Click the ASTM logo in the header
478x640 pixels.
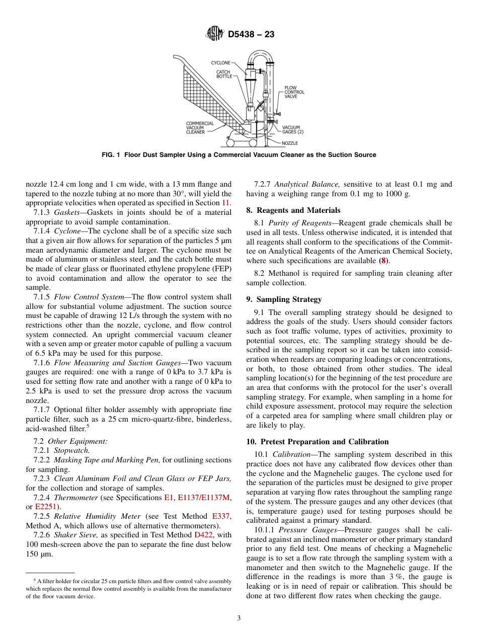pos(215,34)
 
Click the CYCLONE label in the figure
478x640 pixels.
pos(220,63)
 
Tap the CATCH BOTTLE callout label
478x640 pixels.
pos(224,74)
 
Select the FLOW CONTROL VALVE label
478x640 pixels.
pos(294,92)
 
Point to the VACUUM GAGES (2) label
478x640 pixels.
pos(293,130)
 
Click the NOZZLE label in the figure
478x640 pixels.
pos(290,143)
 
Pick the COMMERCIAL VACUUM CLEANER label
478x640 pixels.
pos(200,128)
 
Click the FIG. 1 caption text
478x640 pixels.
pos(238,155)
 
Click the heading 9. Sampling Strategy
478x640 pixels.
pos(284,299)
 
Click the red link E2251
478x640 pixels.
pos(45,507)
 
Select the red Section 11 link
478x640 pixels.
pos(226,203)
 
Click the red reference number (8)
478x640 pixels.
pos(384,261)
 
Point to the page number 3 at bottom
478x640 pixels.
pos(239,618)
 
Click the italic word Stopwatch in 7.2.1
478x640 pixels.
pos(71,450)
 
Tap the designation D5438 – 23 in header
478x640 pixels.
pos(251,35)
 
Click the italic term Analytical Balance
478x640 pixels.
pos(307,185)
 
